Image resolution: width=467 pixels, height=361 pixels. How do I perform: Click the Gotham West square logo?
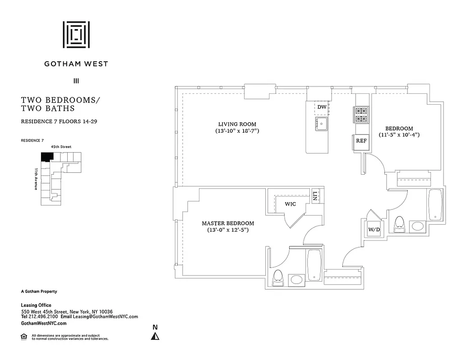(x=76, y=34)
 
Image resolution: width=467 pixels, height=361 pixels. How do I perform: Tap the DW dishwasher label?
(x=322, y=107)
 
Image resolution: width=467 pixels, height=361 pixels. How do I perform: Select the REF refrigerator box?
(x=361, y=141)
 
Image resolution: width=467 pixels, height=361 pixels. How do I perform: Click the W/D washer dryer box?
(x=374, y=230)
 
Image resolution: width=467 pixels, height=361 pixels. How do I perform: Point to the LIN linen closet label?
(x=315, y=196)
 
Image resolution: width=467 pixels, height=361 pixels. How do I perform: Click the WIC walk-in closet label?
(x=290, y=204)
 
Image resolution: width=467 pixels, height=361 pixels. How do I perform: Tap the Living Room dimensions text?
(x=237, y=131)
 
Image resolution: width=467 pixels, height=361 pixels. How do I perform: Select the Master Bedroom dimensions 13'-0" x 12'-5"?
(x=227, y=230)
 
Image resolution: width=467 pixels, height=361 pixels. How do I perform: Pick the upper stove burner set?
(x=361, y=111)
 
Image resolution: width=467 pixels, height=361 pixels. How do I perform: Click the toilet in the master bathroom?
(x=278, y=277)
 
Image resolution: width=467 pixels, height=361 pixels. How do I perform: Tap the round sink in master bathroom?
(x=296, y=279)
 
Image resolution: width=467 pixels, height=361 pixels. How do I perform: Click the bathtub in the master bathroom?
(x=314, y=265)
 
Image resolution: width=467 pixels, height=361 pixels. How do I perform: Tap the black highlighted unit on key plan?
(x=46, y=156)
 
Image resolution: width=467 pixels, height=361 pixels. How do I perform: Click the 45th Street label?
(x=61, y=147)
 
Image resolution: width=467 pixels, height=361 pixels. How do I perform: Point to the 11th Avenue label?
(x=36, y=179)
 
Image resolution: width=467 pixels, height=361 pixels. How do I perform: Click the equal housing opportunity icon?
(x=24, y=336)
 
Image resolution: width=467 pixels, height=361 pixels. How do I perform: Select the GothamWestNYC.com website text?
(x=44, y=324)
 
